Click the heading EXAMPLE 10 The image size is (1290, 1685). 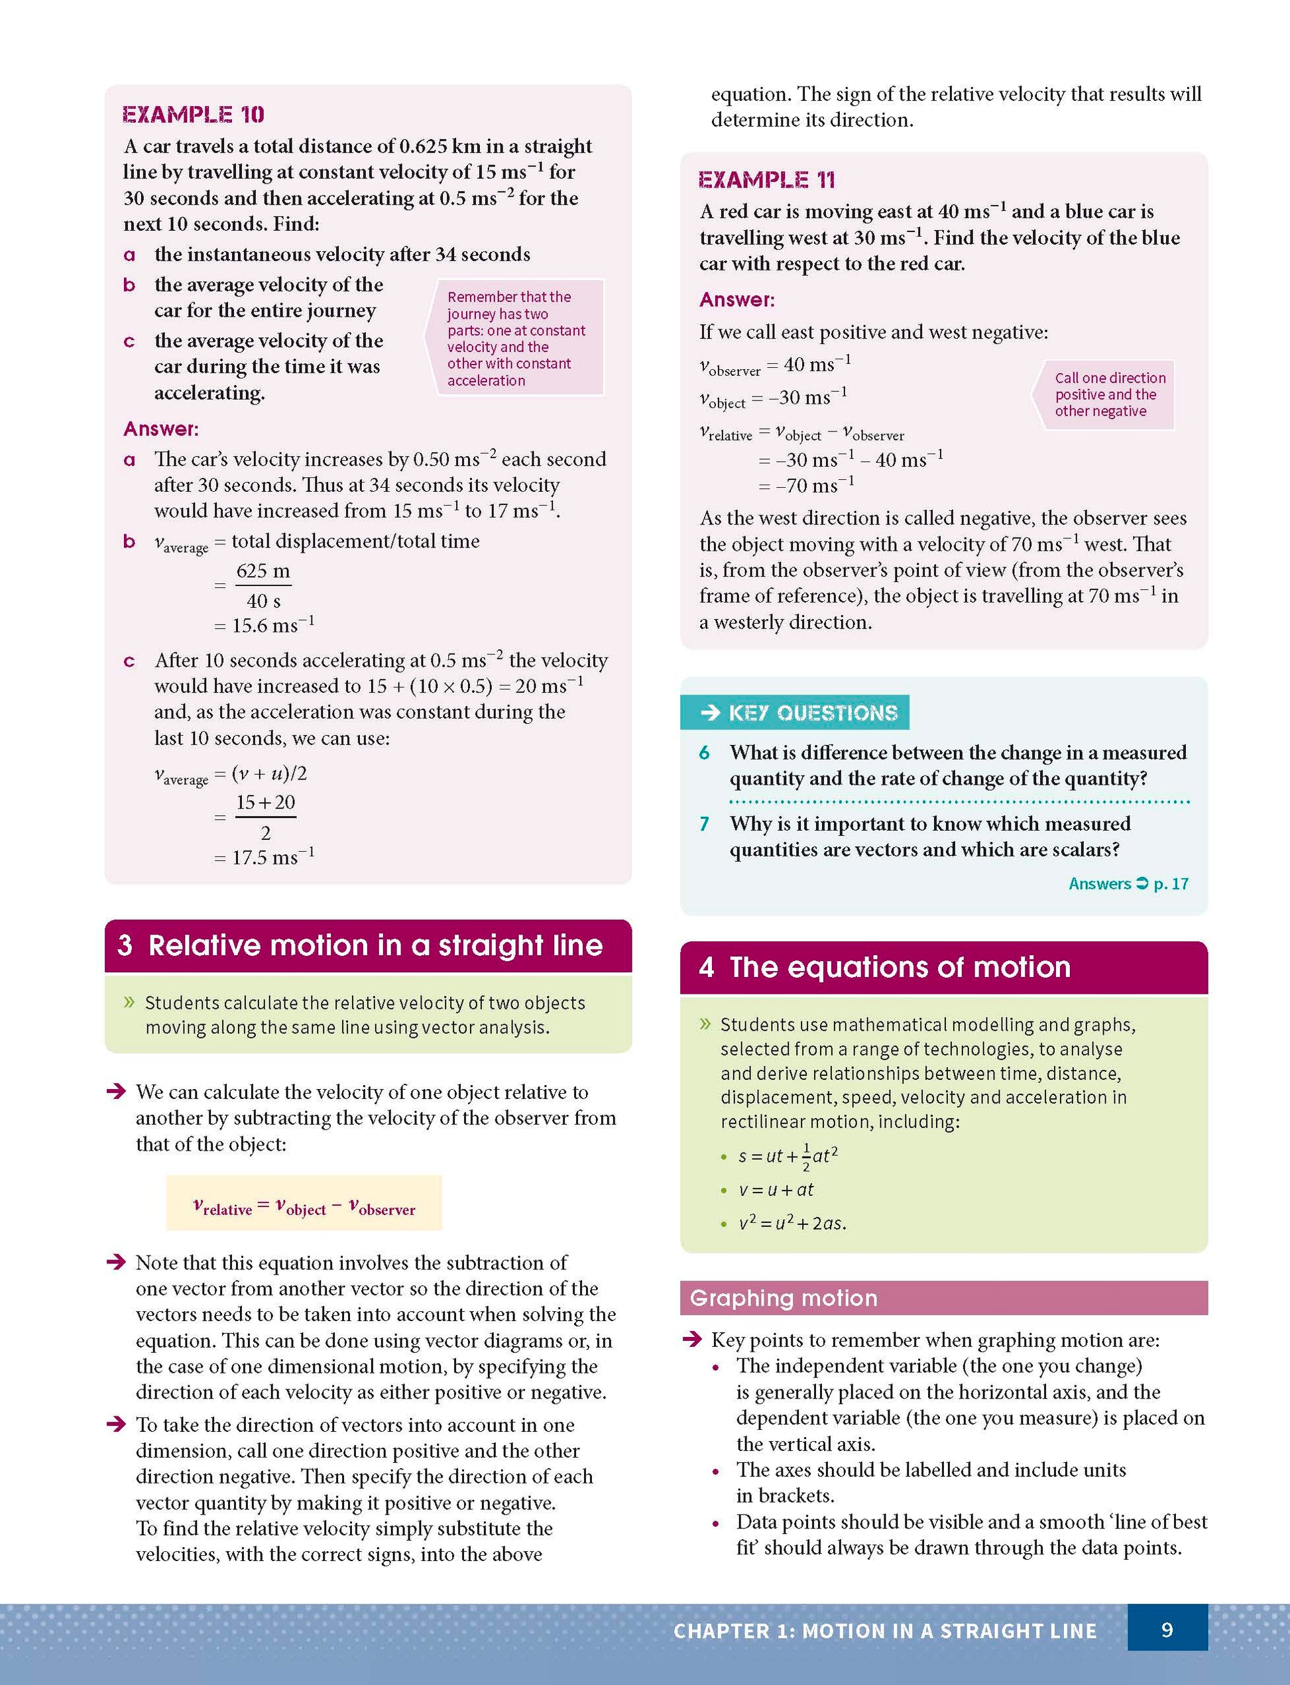click(x=194, y=115)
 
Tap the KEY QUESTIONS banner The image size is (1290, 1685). click(x=795, y=713)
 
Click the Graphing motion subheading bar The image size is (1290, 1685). click(x=943, y=1297)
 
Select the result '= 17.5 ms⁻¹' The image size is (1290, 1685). click(x=265, y=856)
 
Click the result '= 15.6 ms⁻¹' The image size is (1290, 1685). click(x=265, y=625)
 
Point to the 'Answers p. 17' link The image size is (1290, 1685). click(x=1128, y=884)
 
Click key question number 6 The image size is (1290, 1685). click(x=704, y=753)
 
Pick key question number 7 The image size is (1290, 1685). click(x=704, y=825)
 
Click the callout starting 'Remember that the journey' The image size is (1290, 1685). click(x=516, y=338)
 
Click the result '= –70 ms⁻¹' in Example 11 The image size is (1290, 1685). click(x=806, y=485)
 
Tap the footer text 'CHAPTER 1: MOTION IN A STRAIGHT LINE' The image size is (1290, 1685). click(x=884, y=1631)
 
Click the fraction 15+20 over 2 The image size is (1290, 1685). click(x=265, y=817)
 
